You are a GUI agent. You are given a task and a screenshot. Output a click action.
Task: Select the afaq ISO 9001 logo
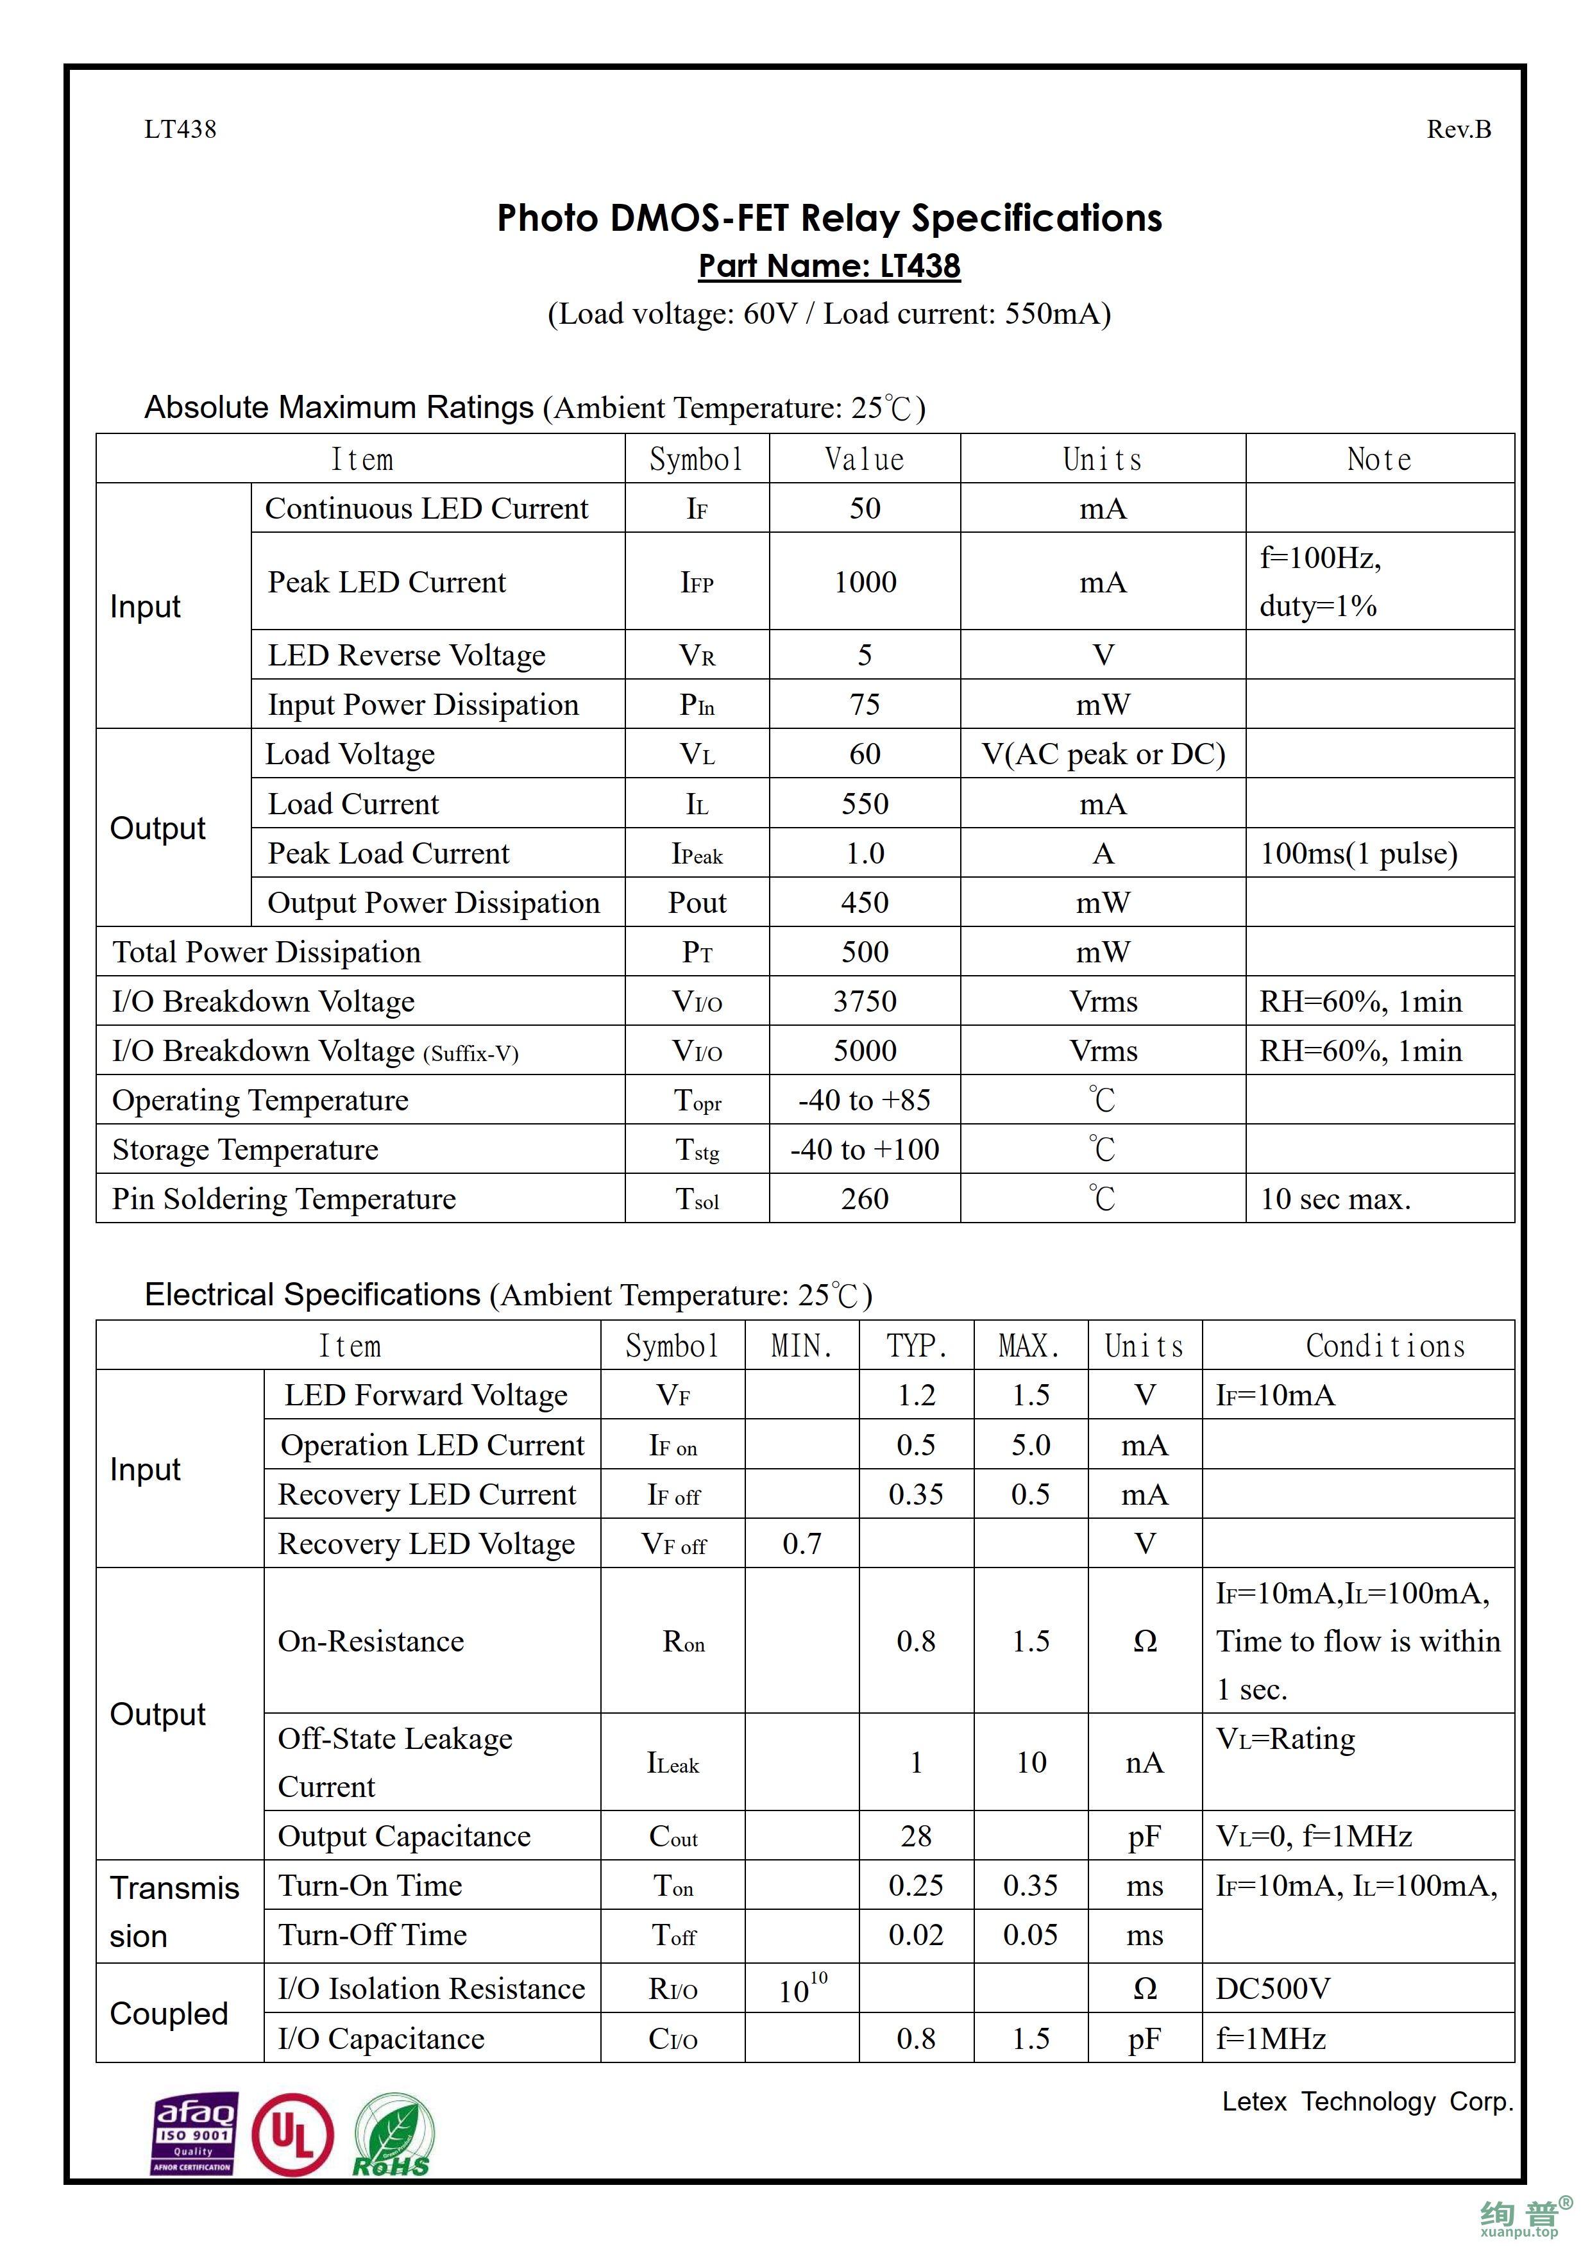tap(193, 2134)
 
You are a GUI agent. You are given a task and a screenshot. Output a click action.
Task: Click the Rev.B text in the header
tap(1458, 130)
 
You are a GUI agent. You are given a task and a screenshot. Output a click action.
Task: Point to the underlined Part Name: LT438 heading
tap(829, 267)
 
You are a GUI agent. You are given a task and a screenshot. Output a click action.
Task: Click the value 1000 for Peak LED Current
tap(865, 582)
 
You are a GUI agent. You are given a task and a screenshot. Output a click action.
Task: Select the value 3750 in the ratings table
tap(865, 1001)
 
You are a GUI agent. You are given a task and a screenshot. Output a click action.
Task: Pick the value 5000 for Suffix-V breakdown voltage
tap(865, 1051)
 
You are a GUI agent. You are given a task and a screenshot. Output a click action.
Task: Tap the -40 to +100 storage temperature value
tap(865, 1149)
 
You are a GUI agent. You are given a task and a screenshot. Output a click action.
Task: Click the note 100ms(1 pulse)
tap(1359, 853)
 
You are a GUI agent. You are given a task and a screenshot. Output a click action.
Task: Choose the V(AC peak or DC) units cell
tap(1103, 754)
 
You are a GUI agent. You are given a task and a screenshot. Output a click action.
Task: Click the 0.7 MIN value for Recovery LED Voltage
tap(801, 1544)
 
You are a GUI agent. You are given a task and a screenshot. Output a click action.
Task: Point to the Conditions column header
tap(1385, 1346)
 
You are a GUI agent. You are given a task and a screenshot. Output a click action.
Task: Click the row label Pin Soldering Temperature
tap(284, 1199)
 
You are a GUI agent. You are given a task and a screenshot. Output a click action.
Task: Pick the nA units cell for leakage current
tap(1144, 1762)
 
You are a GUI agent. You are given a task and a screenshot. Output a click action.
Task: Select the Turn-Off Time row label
tap(372, 1935)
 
